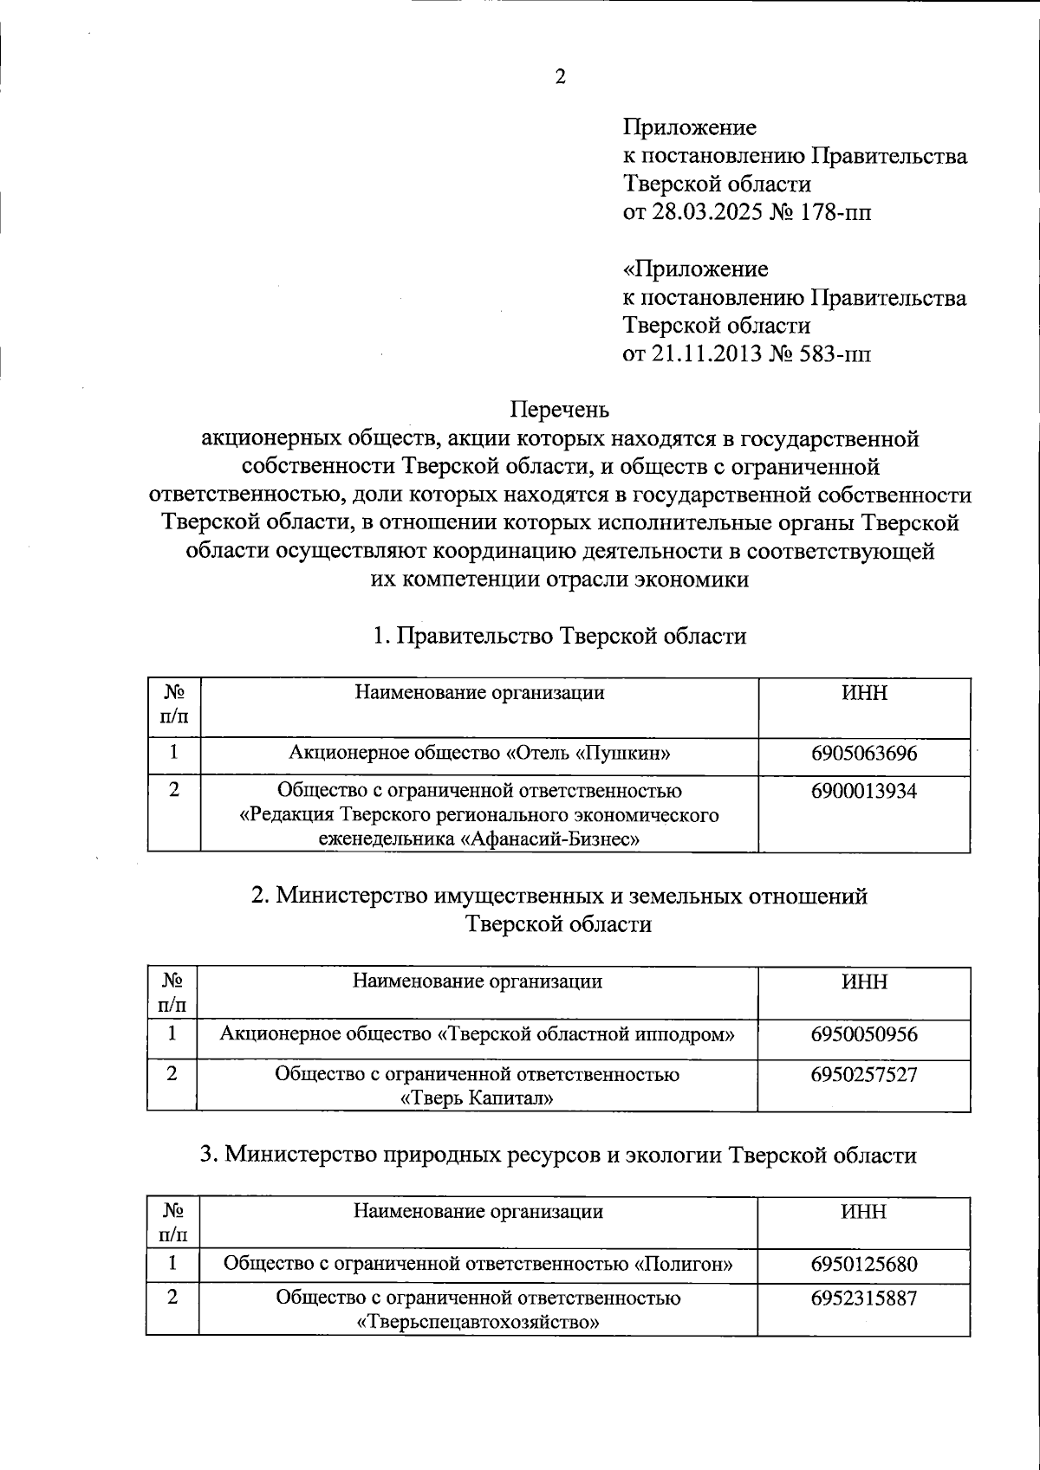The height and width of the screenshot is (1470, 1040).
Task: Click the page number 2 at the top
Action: click(x=559, y=78)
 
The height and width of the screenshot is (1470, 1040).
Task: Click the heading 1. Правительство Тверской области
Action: click(x=559, y=637)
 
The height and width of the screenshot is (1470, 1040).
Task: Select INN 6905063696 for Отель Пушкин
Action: click(x=863, y=754)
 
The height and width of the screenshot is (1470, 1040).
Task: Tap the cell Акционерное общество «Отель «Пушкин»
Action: click(x=479, y=754)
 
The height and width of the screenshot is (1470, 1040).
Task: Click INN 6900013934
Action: click(x=863, y=791)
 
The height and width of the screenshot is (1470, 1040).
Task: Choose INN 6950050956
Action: click(x=863, y=1034)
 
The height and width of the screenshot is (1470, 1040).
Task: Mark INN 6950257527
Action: click(x=863, y=1075)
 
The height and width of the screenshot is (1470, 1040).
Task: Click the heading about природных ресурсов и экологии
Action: click(x=559, y=1156)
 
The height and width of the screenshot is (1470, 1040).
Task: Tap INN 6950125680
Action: click(x=863, y=1264)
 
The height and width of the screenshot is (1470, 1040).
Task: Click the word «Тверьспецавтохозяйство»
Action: click(x=478, y=1323)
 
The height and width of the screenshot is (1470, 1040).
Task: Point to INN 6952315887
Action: click(x=863, y=1298)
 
